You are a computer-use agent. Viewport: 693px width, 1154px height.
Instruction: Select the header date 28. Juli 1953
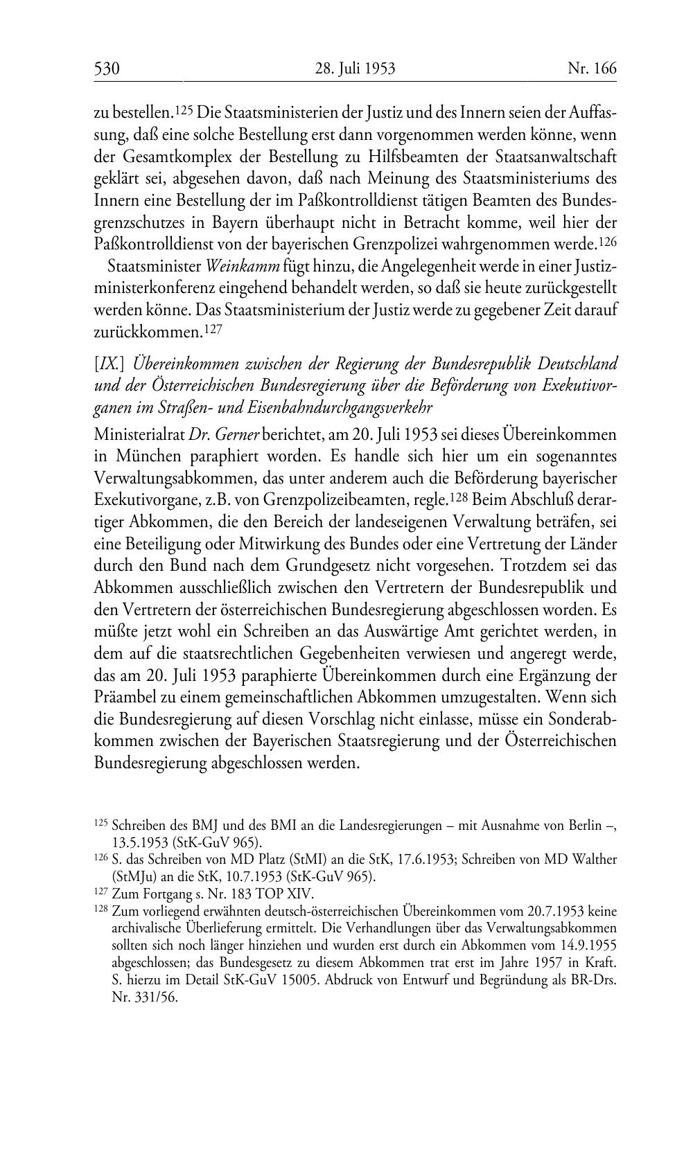[355, 69]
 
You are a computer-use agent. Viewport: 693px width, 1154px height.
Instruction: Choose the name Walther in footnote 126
[594, 859]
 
